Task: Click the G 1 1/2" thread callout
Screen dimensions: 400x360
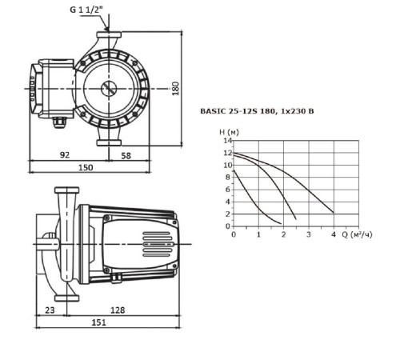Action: pyautogui.click(x=86, y=10)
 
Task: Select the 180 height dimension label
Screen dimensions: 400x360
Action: pyautogui.click(x=175, y=89)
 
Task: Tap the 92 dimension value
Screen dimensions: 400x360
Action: pyautogui.click(x=65, y=154)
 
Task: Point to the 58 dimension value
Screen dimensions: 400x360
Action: pyautogui.click(x=126, y=155)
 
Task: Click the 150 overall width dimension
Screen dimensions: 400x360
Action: pyautogui.click(x=86, y=167)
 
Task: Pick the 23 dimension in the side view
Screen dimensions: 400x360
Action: pyautogui.click(x=50, y=310)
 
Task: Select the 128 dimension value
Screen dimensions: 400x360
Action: pyautogui.click(x=118, y=310)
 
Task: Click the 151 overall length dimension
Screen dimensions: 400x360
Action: pyautogui.click(x=98, y=322)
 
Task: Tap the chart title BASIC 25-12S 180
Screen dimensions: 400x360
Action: pyautogui.click(x=238, y=111)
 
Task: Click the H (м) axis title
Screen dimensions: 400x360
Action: pyautogui.click(x=229, y=132)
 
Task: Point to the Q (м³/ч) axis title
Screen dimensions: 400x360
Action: pyautogui.click(x=357, y=234)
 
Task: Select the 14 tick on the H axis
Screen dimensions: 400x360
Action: pyautogui.click(x=228, y=141)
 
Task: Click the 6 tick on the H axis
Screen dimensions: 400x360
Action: pyautogui.click(x=227, y=190)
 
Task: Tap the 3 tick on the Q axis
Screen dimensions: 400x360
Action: pyautogui.click(x=309, y=234)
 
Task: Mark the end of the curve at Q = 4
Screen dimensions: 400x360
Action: pyautogui.click(x=334, y=213)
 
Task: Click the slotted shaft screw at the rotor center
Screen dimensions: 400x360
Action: pyautogui.click(x=109, y=89)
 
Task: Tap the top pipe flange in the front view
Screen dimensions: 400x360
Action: pyautogui.click(x=109, y=34)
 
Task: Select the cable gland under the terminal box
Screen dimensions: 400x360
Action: pyautogui.click(x=59, y=122)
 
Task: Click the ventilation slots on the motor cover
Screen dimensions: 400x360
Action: pyautogui.click(x=158, y=244)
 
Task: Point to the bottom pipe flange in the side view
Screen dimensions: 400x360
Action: pyautogui.click(x=66, y=298)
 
